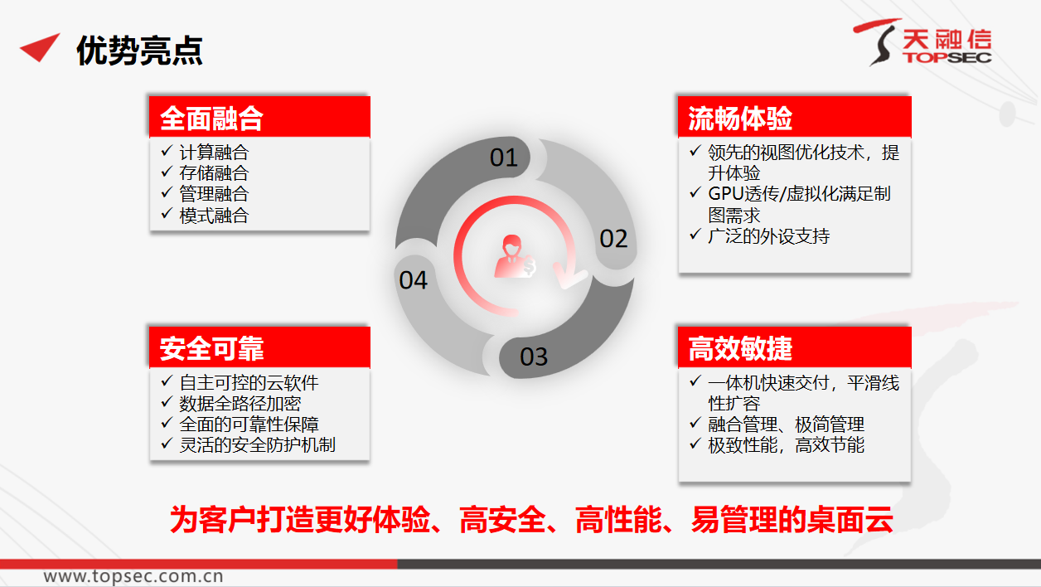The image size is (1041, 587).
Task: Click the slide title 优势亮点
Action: (139, 51)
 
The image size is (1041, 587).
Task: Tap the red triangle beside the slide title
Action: (41, 46)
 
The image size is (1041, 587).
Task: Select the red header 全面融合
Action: (259, 117)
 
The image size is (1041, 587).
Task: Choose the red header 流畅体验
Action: (794, 117)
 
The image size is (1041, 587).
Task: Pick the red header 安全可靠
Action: (259, 347)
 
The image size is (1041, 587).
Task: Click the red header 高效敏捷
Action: (794, 347)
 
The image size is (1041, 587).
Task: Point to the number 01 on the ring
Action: (504, 158)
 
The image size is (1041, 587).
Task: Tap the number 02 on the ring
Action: (613, 239)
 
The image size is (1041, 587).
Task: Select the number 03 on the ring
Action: (534, 357)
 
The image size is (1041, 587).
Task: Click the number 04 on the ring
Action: (413, 280)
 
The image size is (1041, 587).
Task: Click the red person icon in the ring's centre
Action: (515, 256)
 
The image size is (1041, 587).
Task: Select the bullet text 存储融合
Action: (214, 173)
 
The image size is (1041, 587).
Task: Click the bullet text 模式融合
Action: (214, 216)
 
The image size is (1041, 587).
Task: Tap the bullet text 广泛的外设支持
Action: (768, 236)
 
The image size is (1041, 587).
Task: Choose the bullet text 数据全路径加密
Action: (240, 404)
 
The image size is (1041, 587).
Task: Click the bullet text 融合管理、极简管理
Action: (786, 424)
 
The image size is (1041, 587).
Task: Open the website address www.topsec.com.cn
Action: (133, 576)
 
